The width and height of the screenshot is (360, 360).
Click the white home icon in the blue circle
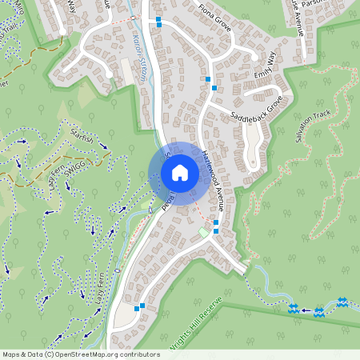click(x=180, y=173)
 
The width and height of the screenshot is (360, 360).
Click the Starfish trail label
click(x=82, y=136)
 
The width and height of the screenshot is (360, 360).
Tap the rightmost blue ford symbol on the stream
click(x=342, y=302)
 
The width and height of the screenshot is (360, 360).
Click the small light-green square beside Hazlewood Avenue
click(x=203, y=232)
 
